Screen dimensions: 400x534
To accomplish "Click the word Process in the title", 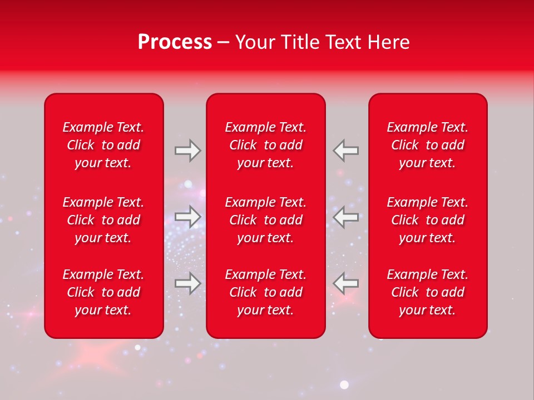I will [175, 42].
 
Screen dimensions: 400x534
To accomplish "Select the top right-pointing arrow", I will [187, 150].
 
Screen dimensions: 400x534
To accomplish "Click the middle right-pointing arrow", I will [187, 217].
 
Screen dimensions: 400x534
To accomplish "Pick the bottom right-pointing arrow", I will [187, 283].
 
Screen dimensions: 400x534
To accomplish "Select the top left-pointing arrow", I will [345, 150].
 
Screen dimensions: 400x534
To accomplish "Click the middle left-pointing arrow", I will [345, 217].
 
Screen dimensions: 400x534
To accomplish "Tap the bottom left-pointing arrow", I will [345, 283].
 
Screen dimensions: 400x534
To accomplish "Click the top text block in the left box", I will [103, 145].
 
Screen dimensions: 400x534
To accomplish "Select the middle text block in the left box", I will [103, 220].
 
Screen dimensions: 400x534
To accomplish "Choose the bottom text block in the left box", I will [103, 292].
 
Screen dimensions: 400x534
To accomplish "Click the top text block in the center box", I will [266, 145].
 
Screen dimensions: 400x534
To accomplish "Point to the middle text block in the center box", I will [266, 220].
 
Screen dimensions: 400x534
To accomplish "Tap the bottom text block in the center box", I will [266, 292].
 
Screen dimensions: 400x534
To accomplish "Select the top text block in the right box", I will [428, 145].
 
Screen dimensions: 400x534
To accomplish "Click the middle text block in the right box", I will [428, 220].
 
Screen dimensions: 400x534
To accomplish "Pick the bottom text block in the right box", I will [428, 292].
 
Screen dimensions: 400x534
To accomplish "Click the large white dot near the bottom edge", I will [344, 384].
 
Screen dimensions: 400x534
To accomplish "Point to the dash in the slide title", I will [223, 43].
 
